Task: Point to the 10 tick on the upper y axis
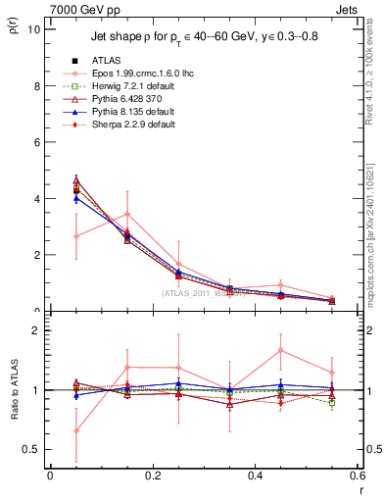[x=32, y=29]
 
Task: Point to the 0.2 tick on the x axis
[x=152, y=476]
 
